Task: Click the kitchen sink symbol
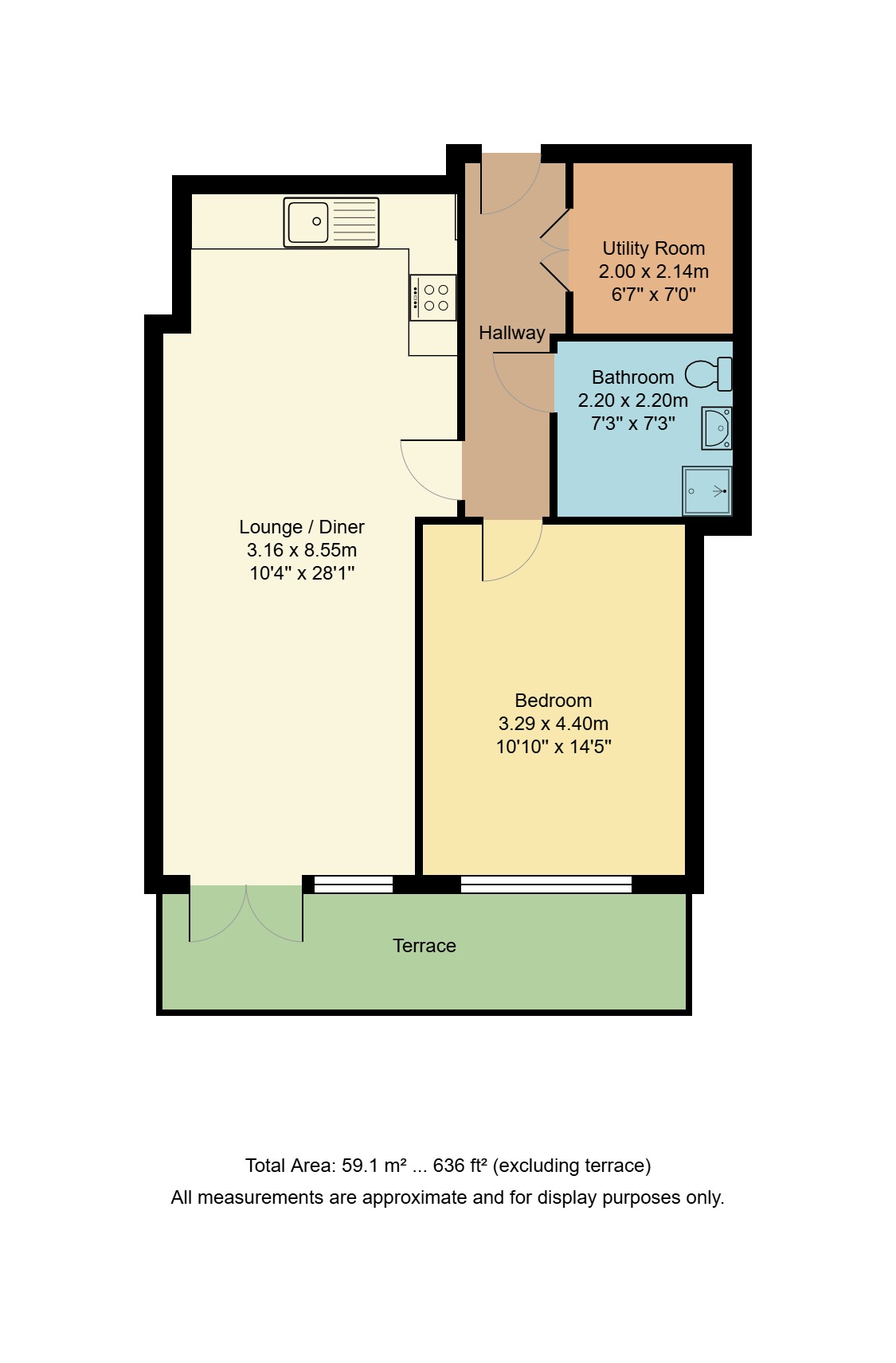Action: (331, 222)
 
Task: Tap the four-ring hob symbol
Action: (433, 298)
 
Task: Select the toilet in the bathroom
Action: (708, 373)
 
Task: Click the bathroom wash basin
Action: (717, 428)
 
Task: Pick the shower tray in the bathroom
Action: (706, 491)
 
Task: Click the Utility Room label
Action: (653, 248)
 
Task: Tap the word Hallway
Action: (511, 333)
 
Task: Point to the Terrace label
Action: (424, 946)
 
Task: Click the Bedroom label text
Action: (553, 701)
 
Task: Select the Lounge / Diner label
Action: (301, 527)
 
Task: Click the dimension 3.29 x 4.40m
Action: (553, 724)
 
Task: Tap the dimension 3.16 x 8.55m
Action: (301, 550)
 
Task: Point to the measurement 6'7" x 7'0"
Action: (653, 295)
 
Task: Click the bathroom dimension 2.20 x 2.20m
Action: (632, 400)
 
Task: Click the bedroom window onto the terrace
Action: (546, 884)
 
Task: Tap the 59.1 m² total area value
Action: (374, 1166)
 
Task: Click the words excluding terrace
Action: (571, 1166)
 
